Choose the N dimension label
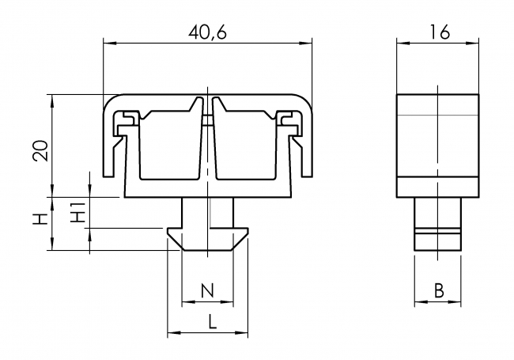point(207,290)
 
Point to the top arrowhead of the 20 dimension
point(51,99)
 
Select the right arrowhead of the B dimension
point(458,301)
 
